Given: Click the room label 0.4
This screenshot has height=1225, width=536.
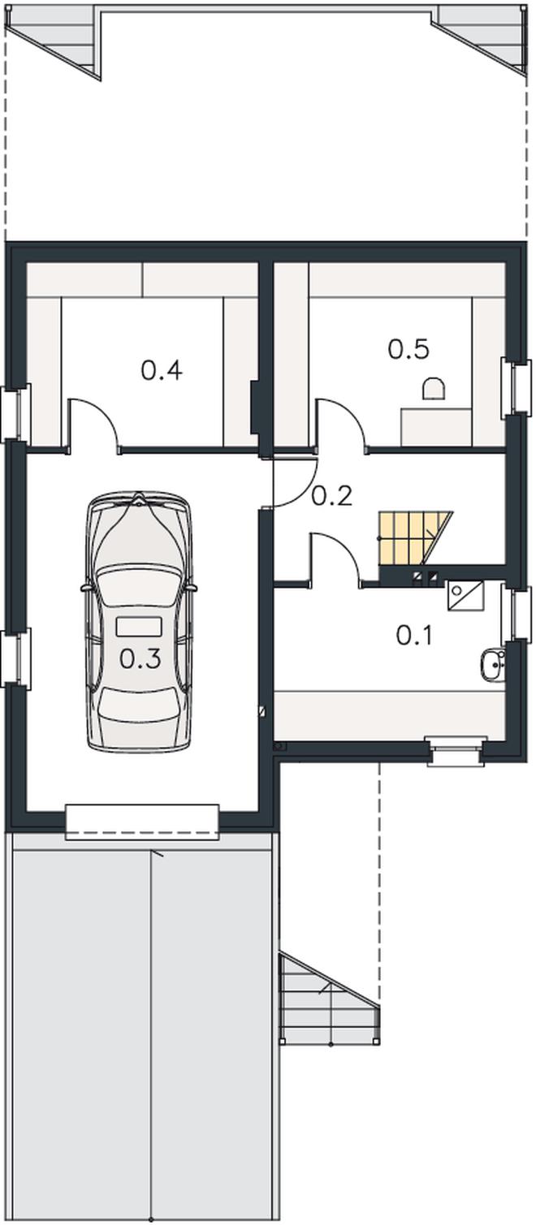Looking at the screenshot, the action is [x=162, y=371].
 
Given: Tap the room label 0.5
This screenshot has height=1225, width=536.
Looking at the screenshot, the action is [x=408, y=349].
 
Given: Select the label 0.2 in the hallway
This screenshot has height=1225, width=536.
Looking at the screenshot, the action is [x=331, y=496].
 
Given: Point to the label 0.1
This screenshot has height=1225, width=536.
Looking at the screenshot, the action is [x=414, y=636].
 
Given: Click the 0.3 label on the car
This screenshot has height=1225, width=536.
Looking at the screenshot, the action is [x=140, y=659].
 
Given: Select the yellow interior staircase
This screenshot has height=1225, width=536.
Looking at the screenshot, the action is [x=414, y=539].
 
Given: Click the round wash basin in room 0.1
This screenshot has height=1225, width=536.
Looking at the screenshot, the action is [x=493, y=665].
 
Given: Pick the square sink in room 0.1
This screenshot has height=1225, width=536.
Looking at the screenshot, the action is [x=465, y=596].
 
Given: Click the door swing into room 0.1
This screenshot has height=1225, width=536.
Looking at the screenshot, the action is [x=335, y=559].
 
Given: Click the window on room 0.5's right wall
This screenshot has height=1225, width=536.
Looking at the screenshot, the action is [x=517, y=387].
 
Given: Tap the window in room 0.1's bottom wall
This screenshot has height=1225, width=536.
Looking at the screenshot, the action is [x=456, y=915].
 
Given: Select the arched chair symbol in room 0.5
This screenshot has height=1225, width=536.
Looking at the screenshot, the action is [x=434, y=389].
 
